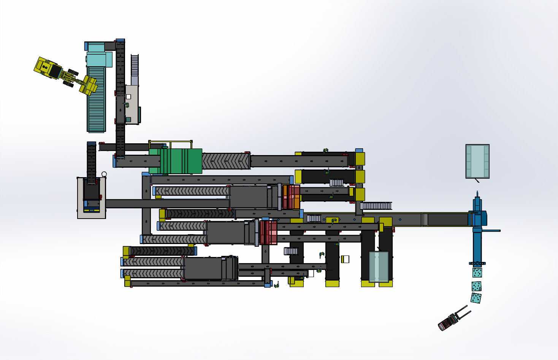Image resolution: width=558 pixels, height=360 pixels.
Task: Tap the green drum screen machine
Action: pos(181,161)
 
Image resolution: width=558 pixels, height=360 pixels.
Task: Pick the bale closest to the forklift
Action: pos(476,298)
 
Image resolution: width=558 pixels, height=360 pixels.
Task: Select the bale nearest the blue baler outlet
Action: pos(477,272)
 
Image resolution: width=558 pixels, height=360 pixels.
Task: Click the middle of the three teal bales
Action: pos(477,286)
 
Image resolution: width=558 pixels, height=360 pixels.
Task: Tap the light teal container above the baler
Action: pos(477,161)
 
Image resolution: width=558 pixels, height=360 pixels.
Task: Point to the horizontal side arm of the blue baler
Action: pos(491,230)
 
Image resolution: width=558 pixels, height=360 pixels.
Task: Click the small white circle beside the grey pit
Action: pos(104,174)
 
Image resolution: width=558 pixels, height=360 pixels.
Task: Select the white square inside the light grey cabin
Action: pos(128,97)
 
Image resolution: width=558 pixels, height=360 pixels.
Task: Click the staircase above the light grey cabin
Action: pos(135,65)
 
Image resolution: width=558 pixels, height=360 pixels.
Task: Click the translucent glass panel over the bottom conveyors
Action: pos(379,266)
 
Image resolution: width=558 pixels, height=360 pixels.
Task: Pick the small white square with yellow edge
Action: pos(345,259)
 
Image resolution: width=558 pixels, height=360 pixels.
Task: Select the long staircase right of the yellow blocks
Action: pos(376,206)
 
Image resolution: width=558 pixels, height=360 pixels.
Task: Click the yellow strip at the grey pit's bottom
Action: pos(92,210)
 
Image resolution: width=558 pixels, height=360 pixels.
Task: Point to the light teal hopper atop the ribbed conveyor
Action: pos(99,59)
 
